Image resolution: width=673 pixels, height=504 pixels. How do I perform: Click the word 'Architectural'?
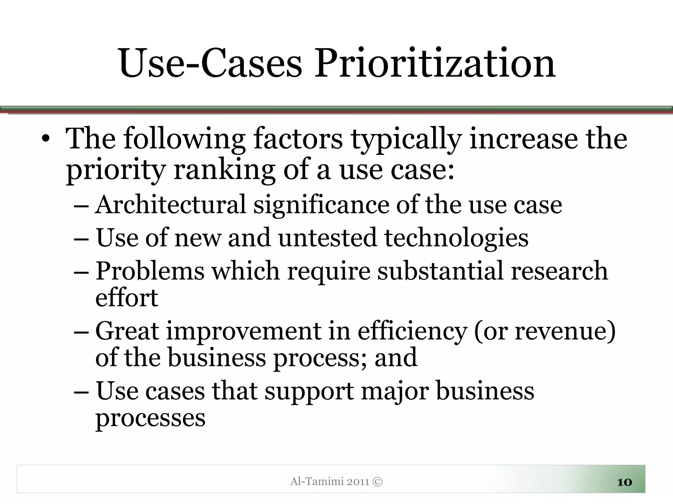coord(171,205)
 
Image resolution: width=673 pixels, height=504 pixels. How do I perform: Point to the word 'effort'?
coord(127,298)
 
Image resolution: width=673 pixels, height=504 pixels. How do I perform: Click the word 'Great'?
coord(127,331)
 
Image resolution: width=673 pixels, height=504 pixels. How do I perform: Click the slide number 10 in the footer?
coord(625,482)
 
